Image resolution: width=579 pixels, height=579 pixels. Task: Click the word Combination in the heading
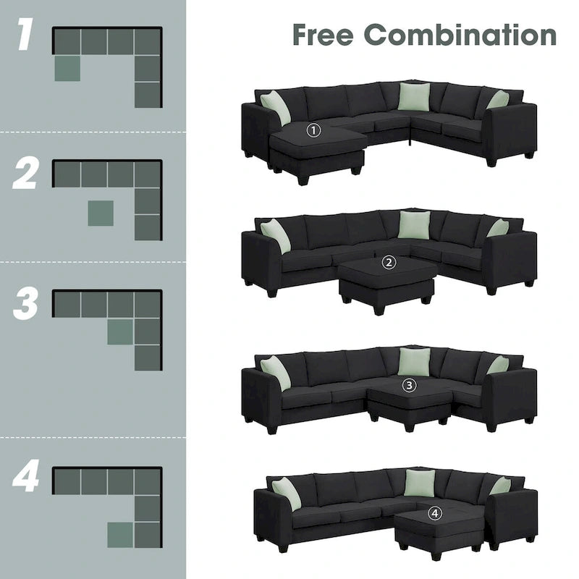click(460, 35)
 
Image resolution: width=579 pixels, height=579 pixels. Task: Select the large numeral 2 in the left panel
click(26, 174)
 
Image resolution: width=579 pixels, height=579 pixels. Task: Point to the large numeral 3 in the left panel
click(26, 305)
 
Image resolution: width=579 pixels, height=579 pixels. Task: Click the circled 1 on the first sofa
click(313, 131)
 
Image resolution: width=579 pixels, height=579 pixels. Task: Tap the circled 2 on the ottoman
click(390, 263)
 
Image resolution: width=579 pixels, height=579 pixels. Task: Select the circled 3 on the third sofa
click(410, 386)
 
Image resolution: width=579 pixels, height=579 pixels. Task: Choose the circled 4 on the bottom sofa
click(434, 513)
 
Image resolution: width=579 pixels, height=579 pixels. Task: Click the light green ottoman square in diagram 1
click(67, 68)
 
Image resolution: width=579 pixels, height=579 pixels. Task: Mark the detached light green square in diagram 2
click(101, 213)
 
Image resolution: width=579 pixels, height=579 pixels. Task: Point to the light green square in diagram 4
click(120, 535)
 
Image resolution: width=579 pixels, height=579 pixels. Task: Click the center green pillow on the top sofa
click(414, 97)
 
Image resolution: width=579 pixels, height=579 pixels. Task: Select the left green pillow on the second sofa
click(275, 235)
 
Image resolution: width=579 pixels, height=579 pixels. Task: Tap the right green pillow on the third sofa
click(498, 365)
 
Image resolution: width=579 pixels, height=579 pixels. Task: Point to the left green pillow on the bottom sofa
click(286, 493)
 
